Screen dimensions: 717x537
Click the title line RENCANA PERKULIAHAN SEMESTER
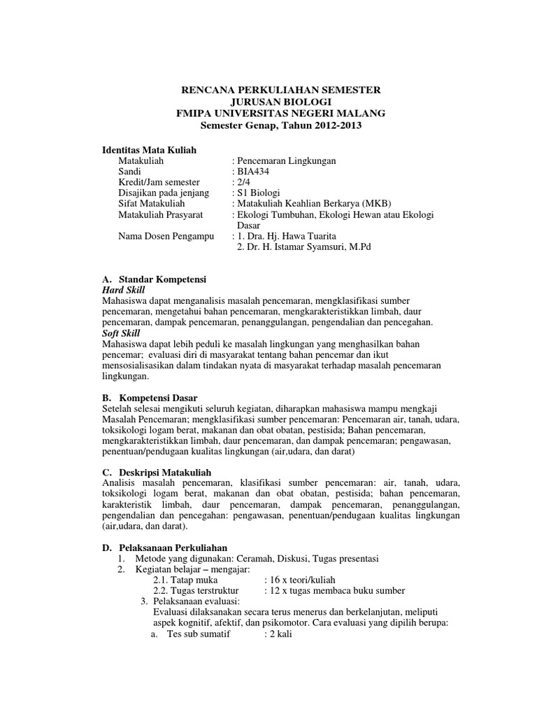click(x=281, y=90)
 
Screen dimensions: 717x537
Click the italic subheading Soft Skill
click(x=121, y=333)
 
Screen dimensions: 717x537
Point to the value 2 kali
click(x=282, y=634)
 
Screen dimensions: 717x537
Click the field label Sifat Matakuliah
click(x=155, y=203)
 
